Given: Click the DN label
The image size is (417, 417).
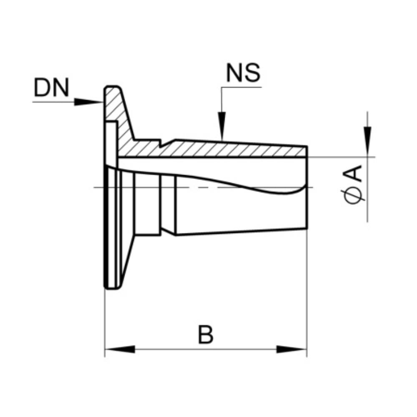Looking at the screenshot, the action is [x=52, y=87].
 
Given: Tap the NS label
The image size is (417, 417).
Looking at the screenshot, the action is [x=243, y=73].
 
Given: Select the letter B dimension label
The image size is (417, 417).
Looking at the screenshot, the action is [x=206, y=334].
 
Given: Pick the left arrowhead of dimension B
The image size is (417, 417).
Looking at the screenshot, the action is [x=120, y=349].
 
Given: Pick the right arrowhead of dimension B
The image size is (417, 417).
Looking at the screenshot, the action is [x=292, y=349].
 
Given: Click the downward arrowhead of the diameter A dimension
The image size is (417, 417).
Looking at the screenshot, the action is [x=367, y=141].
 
